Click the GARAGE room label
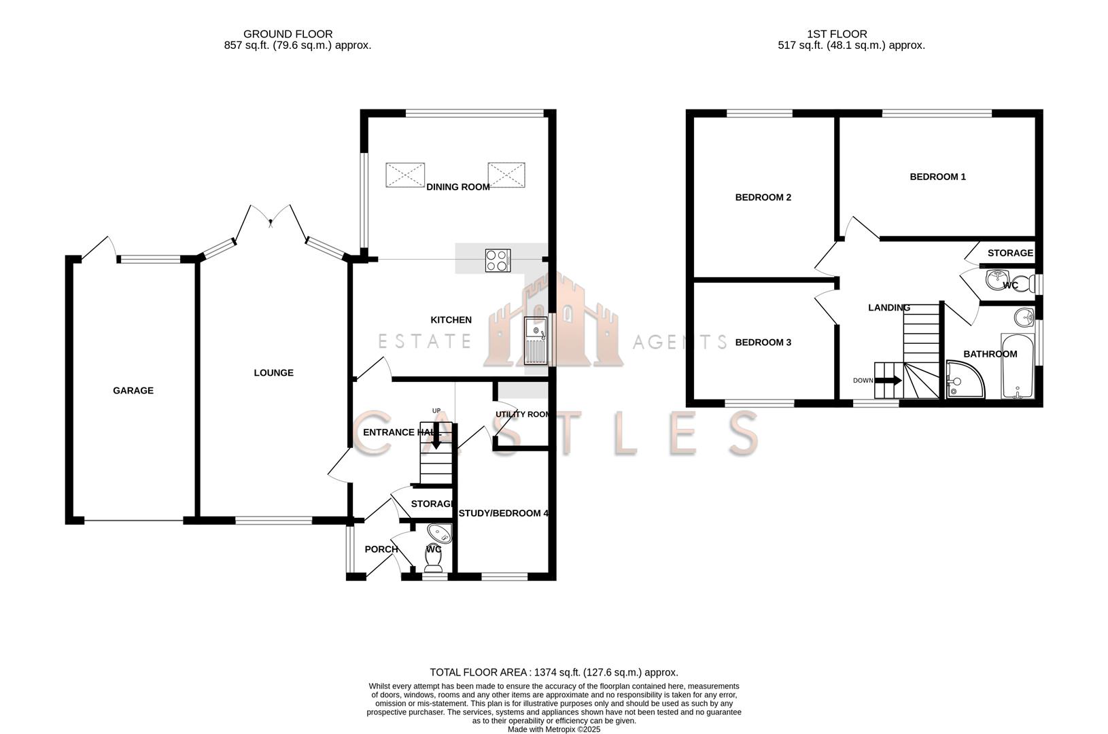pyautogui.click(x=133, y=391)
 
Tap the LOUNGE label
pyautogui.click(x=273, y=373)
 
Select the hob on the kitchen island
pyautogui.click(x=498, y=261)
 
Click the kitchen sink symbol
pyautogui.click(x=536, y=340)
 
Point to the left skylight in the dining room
pyautogui.click(x=405, y=175)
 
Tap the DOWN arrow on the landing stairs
pyautogui.click(x=887, y=381)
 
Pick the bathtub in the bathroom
pyautogui.click(x=1017, y=367)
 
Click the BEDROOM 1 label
pyautogui.click(x=937, y=177)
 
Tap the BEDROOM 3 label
pyautogui.click(x=763, y=343)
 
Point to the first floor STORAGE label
pyautogui.click(x=1009, y=253)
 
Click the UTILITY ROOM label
pyautogui.click(x=522, y=415)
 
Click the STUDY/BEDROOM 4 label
pyautogui.click(x=503, y=514)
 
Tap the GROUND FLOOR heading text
pyautogui.click(x=288, y=34)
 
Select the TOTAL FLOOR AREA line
pyautogui.click(x=553, y=672)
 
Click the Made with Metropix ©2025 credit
pyautogui.click(x=554, y=729)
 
